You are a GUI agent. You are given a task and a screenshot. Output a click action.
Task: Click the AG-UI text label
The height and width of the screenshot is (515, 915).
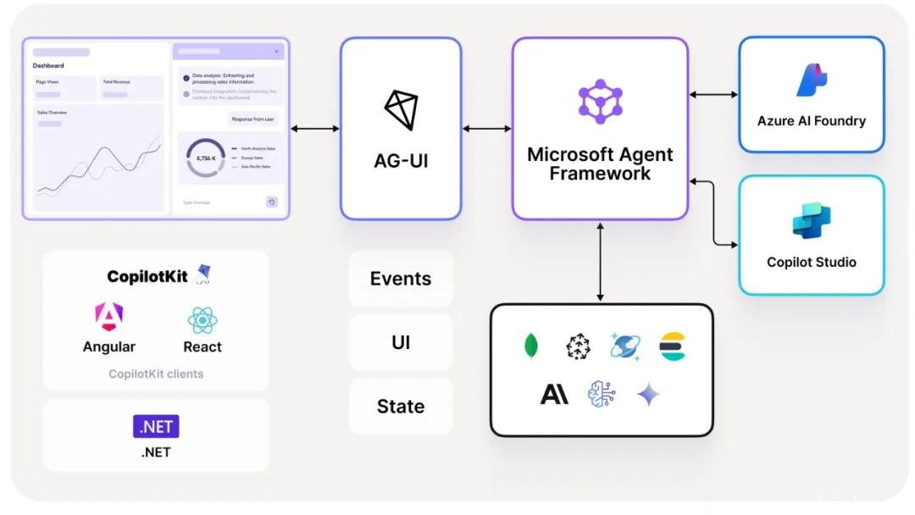[401, 159]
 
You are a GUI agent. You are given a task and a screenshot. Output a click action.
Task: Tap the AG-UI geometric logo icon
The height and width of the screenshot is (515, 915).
[401, 109]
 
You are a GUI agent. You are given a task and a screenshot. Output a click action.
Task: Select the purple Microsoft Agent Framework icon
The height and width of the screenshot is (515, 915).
[600, 102]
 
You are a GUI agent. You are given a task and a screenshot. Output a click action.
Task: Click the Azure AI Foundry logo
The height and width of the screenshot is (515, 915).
[811, 80]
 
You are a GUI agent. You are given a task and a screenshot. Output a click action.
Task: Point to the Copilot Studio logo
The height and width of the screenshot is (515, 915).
[812, 221]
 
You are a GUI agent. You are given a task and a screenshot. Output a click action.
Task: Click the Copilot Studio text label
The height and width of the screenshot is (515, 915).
[812, 262]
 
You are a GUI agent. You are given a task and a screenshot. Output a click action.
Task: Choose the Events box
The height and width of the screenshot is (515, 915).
[401, 279]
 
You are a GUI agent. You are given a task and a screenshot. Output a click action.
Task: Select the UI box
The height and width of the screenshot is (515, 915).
[401, 342]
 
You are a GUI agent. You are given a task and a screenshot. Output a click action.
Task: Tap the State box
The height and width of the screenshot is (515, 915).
[401, 406]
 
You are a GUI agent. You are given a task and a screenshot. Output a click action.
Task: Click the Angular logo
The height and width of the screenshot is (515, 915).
[108, 318]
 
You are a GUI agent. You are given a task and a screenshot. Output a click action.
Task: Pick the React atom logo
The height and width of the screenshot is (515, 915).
[202, 319]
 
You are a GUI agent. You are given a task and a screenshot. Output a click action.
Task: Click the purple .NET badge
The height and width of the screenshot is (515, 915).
[156, 426]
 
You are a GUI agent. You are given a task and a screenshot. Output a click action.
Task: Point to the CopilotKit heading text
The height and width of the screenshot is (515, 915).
[149, 276]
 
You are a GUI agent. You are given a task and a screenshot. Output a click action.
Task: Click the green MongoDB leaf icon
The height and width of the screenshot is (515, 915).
[531, 346]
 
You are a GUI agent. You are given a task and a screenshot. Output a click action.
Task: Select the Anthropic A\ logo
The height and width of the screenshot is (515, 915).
[554, 394]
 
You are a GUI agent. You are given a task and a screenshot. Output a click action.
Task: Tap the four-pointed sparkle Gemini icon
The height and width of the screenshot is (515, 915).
[648, 394]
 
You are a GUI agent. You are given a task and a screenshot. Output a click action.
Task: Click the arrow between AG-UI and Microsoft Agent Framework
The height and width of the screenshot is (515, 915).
[486, 129]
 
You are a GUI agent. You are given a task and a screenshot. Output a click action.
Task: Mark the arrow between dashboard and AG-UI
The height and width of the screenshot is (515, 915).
[314, 129]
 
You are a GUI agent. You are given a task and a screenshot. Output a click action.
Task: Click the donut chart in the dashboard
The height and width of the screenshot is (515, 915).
[205, 158]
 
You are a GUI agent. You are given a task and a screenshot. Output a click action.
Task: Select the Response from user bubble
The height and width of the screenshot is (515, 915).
[252, 119]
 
